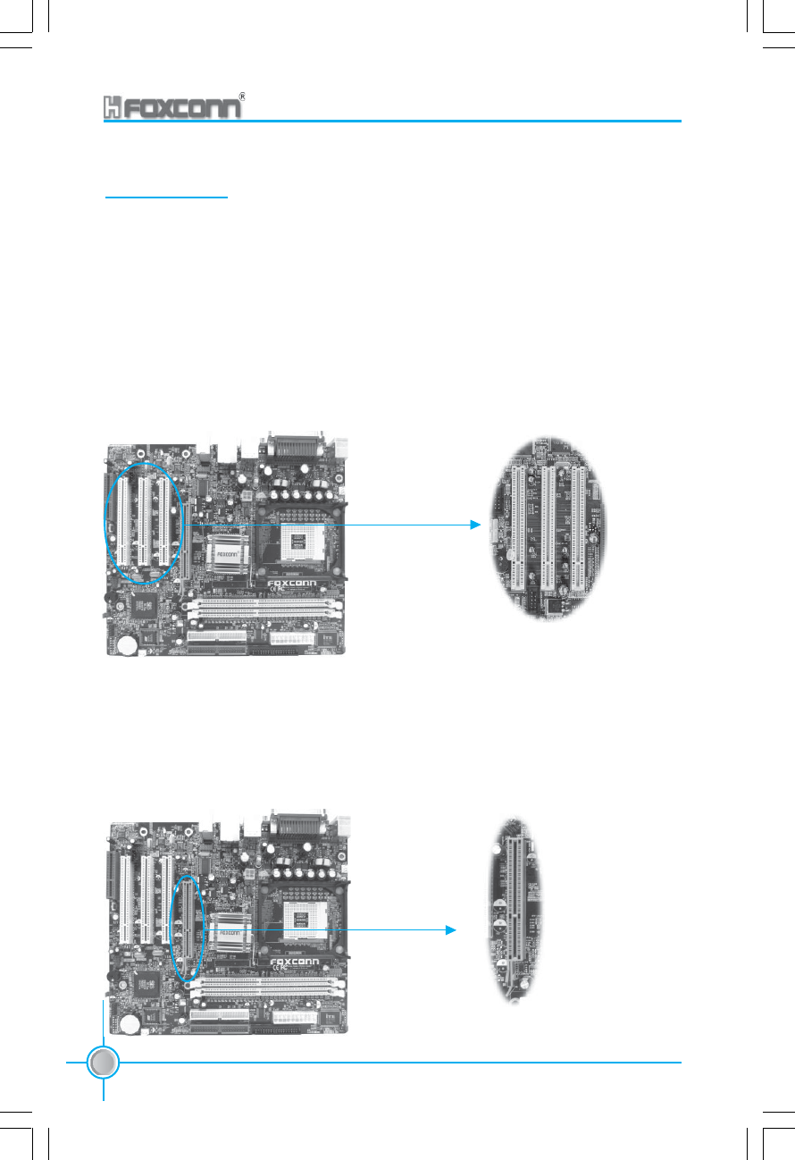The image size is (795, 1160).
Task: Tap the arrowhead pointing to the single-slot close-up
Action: click(x=451, y=930)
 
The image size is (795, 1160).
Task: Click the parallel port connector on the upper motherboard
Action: click(x=291, y=447)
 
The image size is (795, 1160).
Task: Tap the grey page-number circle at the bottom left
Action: click(x=104, y=1062)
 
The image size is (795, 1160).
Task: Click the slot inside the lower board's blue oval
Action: click(x=188, y=928)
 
